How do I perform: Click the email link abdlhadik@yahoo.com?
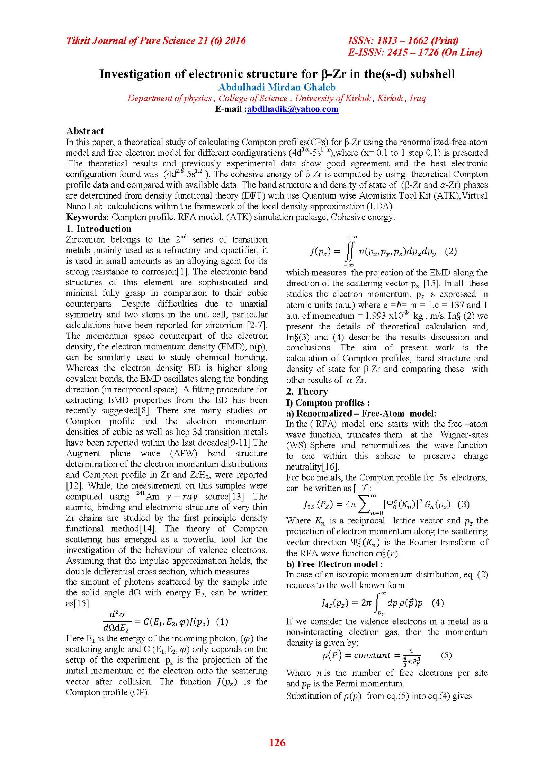293,109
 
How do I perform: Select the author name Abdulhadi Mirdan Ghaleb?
277,87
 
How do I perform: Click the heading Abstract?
85,131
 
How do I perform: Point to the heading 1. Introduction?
99,229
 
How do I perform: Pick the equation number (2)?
450,251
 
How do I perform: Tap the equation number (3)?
464,504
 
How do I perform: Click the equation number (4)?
438,602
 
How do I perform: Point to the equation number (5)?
446,655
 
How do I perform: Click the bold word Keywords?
88,217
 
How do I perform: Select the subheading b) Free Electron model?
334,564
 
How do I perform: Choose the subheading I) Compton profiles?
328,403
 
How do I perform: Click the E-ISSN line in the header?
415,53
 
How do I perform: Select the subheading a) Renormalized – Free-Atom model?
361,413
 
